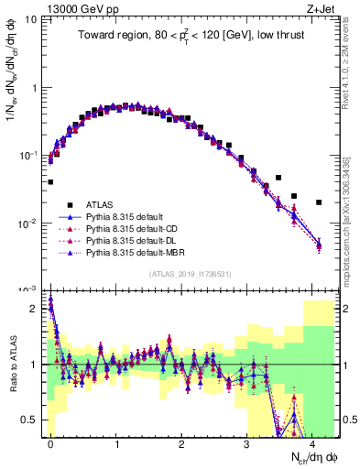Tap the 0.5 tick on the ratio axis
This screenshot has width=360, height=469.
point(34,420)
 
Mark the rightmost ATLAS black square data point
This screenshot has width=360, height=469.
point(318,202)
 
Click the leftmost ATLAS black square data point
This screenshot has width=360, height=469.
point(50,182)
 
